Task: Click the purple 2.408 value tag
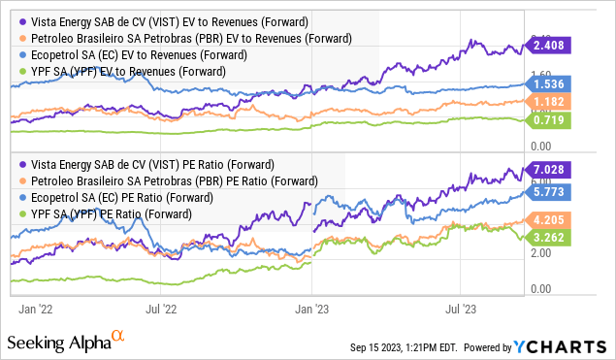[548, 44]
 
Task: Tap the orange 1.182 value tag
[548, 102]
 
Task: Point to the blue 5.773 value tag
[548, 192]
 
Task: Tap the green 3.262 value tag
[548, 236]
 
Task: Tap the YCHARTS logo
[568, 346]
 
